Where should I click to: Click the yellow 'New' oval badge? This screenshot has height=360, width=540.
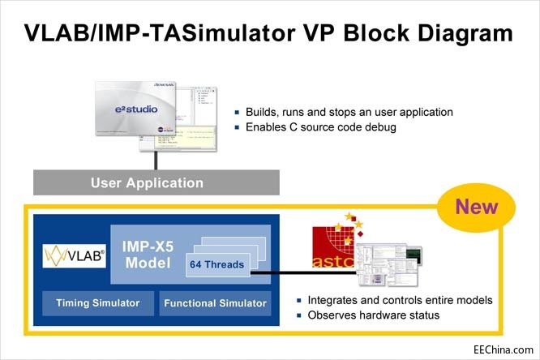(x=477, y=208)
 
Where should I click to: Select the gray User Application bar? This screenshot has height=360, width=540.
(x=147, y=182)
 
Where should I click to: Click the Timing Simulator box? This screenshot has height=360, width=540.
(x=97, y=303)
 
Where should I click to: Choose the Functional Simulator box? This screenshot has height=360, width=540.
(x=215, y=303)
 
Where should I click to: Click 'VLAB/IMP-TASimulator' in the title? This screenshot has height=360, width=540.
(x=143, y=33)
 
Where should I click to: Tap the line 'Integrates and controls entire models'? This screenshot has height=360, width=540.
(x=393, y=300)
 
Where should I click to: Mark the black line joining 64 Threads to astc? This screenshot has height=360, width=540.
(x=280, y=272)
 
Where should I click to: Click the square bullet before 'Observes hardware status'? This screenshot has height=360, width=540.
(x=302, y=315)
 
